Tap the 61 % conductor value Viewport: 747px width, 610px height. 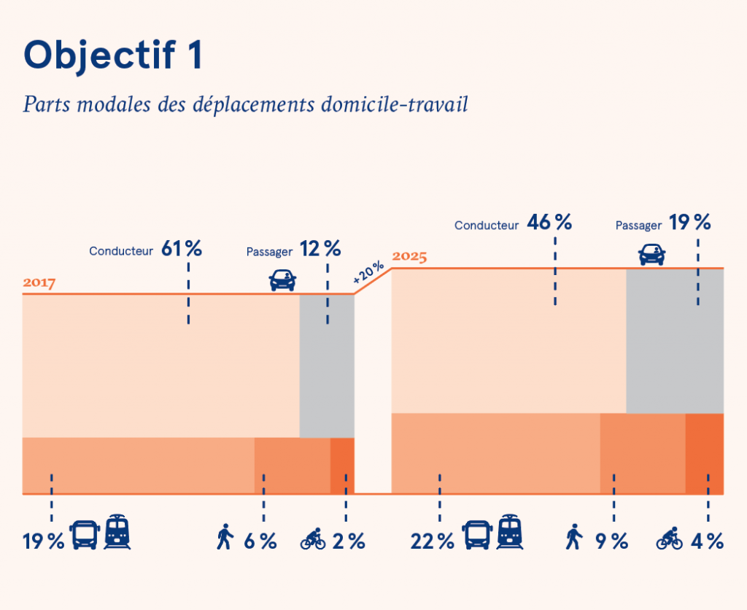pyautogui.click(x=181, y=249)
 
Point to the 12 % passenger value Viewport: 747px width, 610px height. pyautogui.click(x=320, y=249)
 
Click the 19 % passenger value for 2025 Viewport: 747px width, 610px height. pyautogui.click(x=689, y=223)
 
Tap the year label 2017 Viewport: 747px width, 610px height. pyautogui.click(x=39, y=283)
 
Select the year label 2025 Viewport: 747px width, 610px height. pyautogui.click(x=409, y=257)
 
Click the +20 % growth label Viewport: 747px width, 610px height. pyautogui.click(x=368, y=272)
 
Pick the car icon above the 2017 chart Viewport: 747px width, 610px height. pyautogui.click(x=283, y=279)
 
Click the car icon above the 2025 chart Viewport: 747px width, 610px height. pyautogui.click(x=651, y=254)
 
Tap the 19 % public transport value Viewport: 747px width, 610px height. pyautogui.click(x=43, y=541)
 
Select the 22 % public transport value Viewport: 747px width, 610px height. pyautogui.click(x=433, y=541)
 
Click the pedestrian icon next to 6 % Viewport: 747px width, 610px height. pyautogui.click(x=225, y=538)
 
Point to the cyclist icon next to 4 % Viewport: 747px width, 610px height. pyautogui.click(x=670, y=538)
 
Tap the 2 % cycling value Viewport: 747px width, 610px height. pyautogui.click(x=348, y=541)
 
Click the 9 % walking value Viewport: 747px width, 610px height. pyautogui.click(x=611, y=541)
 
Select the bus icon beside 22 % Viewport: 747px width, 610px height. pyautogui.click(x=477, y=536)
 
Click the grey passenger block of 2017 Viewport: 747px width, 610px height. pyautogui.click(x=327, y=365)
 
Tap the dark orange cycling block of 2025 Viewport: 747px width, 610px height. pyautogui.click(x=704, y=452)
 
